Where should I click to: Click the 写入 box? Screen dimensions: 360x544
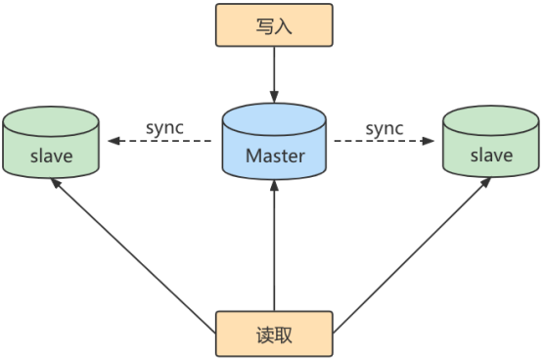point(274,27)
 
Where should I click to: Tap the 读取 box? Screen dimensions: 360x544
point(274,334)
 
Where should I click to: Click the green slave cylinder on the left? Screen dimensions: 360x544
point(51,147)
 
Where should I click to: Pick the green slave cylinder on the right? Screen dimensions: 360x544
point(491,147)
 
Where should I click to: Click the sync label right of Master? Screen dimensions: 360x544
point(385,128)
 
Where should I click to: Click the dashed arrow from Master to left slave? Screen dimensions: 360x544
point(161,142)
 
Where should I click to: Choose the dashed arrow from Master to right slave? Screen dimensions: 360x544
point(385,142)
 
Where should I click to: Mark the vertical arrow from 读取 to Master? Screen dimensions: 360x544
point(274,245)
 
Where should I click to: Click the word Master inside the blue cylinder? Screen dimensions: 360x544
point(274,156)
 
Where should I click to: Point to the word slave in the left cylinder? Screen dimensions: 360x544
point(51,156)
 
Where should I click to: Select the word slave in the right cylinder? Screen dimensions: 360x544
point(491,156)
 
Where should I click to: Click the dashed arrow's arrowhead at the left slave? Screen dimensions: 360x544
point(112,142)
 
